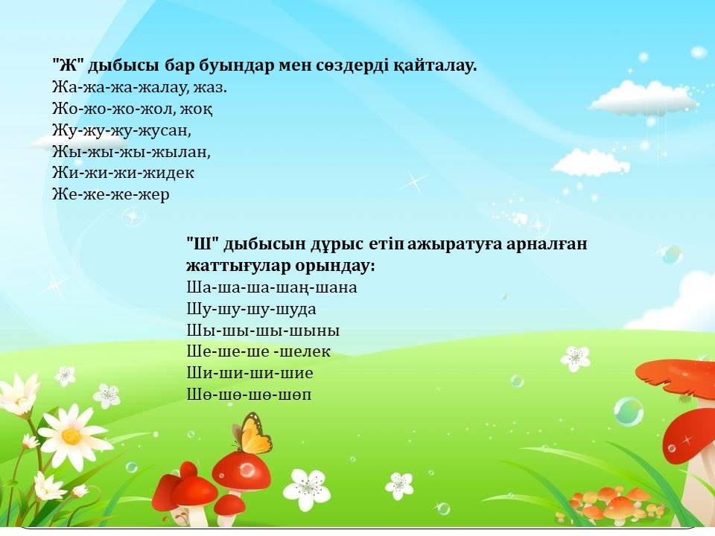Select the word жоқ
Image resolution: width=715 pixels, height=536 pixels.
197,109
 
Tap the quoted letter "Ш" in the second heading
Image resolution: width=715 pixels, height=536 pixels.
203,243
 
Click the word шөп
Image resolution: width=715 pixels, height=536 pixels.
294,395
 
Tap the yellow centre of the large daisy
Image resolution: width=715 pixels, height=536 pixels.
71,436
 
